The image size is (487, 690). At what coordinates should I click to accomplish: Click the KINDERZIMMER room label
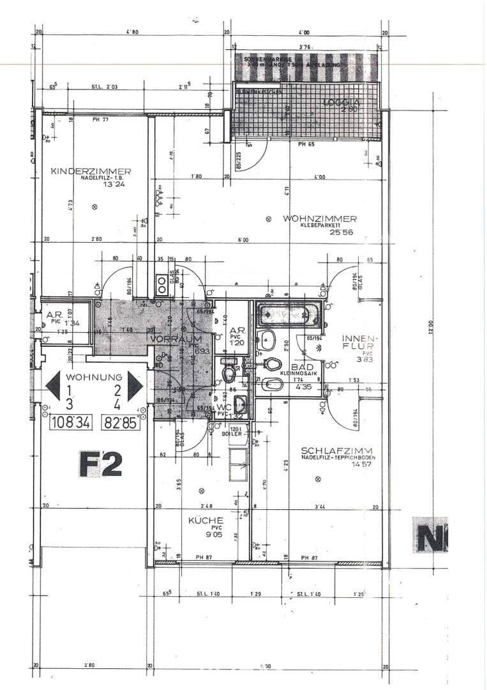[91, 171]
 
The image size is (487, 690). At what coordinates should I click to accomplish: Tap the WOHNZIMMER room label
[320, 218]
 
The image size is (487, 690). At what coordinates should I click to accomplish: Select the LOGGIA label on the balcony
[342, 102]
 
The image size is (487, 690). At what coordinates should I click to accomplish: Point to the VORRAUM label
[176, 339]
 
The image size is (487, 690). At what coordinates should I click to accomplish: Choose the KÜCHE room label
[205, 520]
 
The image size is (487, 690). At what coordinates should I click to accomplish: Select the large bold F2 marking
[100, 464]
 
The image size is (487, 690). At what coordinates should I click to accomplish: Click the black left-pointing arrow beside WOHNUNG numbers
[54, 386]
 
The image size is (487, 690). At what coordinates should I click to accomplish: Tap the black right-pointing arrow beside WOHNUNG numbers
[135, 386]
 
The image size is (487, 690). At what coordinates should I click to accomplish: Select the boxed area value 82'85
[121, 422]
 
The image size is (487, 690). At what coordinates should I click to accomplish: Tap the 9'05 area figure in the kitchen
[204, 535]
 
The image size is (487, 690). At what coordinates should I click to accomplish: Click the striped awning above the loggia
[306, 66]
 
